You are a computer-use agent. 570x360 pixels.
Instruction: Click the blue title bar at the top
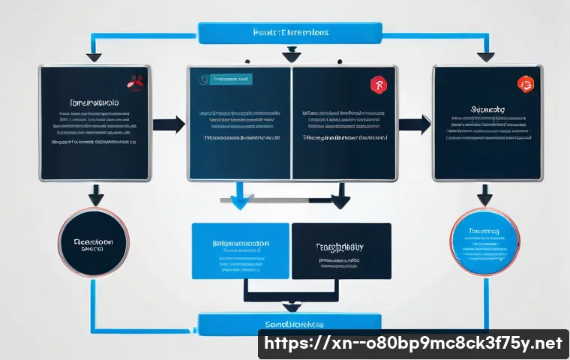(x=289, y=33)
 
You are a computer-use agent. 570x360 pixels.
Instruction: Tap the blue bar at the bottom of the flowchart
(x=292, y=323)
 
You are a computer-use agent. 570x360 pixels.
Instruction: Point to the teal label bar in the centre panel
(x=232, y=79)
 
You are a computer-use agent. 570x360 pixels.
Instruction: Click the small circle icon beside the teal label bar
(x=202, y=79)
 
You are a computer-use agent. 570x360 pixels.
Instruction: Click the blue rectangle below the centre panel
(x=241, y=250)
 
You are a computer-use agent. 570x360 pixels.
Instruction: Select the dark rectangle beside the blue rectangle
(x=341, y=250)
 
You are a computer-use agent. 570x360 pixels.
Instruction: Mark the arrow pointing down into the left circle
(x=96, y=196)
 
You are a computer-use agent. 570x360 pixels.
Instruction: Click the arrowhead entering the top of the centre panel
(x=290, y=55)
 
